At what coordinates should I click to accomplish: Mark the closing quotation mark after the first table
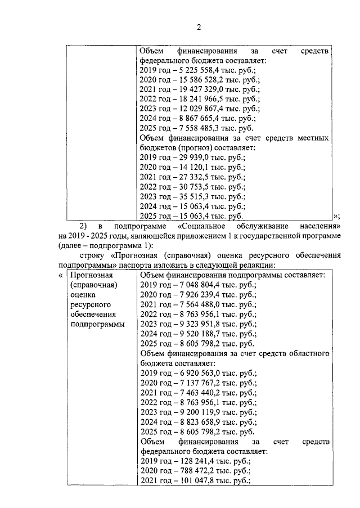[336, 216]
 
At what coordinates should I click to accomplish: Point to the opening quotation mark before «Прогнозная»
[61, 275]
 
